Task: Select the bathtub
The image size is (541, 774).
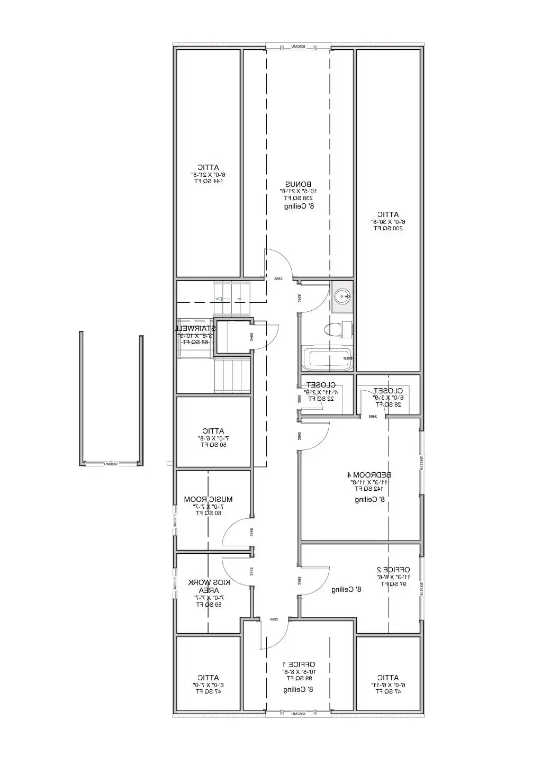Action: pos(327,358)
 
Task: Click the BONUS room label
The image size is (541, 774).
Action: pos(299,184)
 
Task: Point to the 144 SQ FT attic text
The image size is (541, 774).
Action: pos(208,181)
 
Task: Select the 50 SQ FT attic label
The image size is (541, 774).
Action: pos(213,445)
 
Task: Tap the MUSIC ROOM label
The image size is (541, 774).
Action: pos(208,499)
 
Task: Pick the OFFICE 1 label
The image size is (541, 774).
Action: pos(299,664)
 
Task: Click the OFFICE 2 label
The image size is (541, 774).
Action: pos(393,569)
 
